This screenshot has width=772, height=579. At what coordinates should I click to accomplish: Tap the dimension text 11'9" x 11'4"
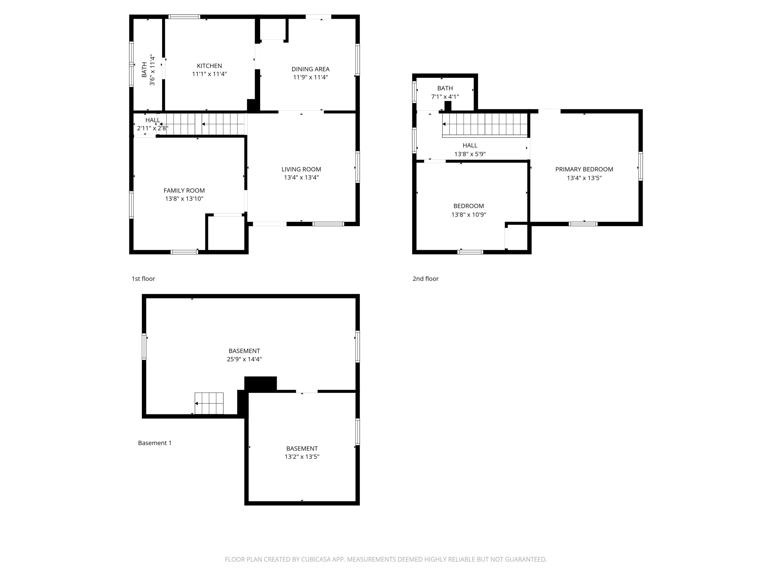[x=310, y=77]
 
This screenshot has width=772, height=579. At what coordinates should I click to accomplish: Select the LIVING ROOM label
[x=301, y=169]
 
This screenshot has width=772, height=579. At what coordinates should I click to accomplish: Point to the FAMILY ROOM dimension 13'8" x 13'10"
[x=184, y=199]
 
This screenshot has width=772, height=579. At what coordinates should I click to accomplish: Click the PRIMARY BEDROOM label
[x=584, y=169]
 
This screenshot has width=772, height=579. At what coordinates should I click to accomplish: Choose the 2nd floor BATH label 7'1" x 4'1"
[x=445, y=92]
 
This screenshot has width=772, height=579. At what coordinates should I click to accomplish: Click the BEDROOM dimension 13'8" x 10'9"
[x=468, y=215]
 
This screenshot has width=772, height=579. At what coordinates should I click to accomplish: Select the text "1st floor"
[x=143, y=278]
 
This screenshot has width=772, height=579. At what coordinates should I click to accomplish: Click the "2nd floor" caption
[x=425, y=278]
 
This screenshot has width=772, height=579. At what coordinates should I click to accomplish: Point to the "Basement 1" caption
[x=155, y=443]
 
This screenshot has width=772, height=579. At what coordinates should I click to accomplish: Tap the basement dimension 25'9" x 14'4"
[x=244, y=359]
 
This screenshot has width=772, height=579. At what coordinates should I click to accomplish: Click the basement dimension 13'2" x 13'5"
[x=302, y=457]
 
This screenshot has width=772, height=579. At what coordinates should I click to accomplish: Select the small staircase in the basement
[x=209, y=403]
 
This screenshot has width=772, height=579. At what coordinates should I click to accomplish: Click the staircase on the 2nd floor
[x=485, y=124]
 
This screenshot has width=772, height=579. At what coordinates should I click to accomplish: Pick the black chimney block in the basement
[x=260, y=383]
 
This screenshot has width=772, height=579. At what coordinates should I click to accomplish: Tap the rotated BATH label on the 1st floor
[x=148, y=70]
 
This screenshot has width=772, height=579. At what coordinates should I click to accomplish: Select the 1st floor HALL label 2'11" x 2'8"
[x=153, y=124]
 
